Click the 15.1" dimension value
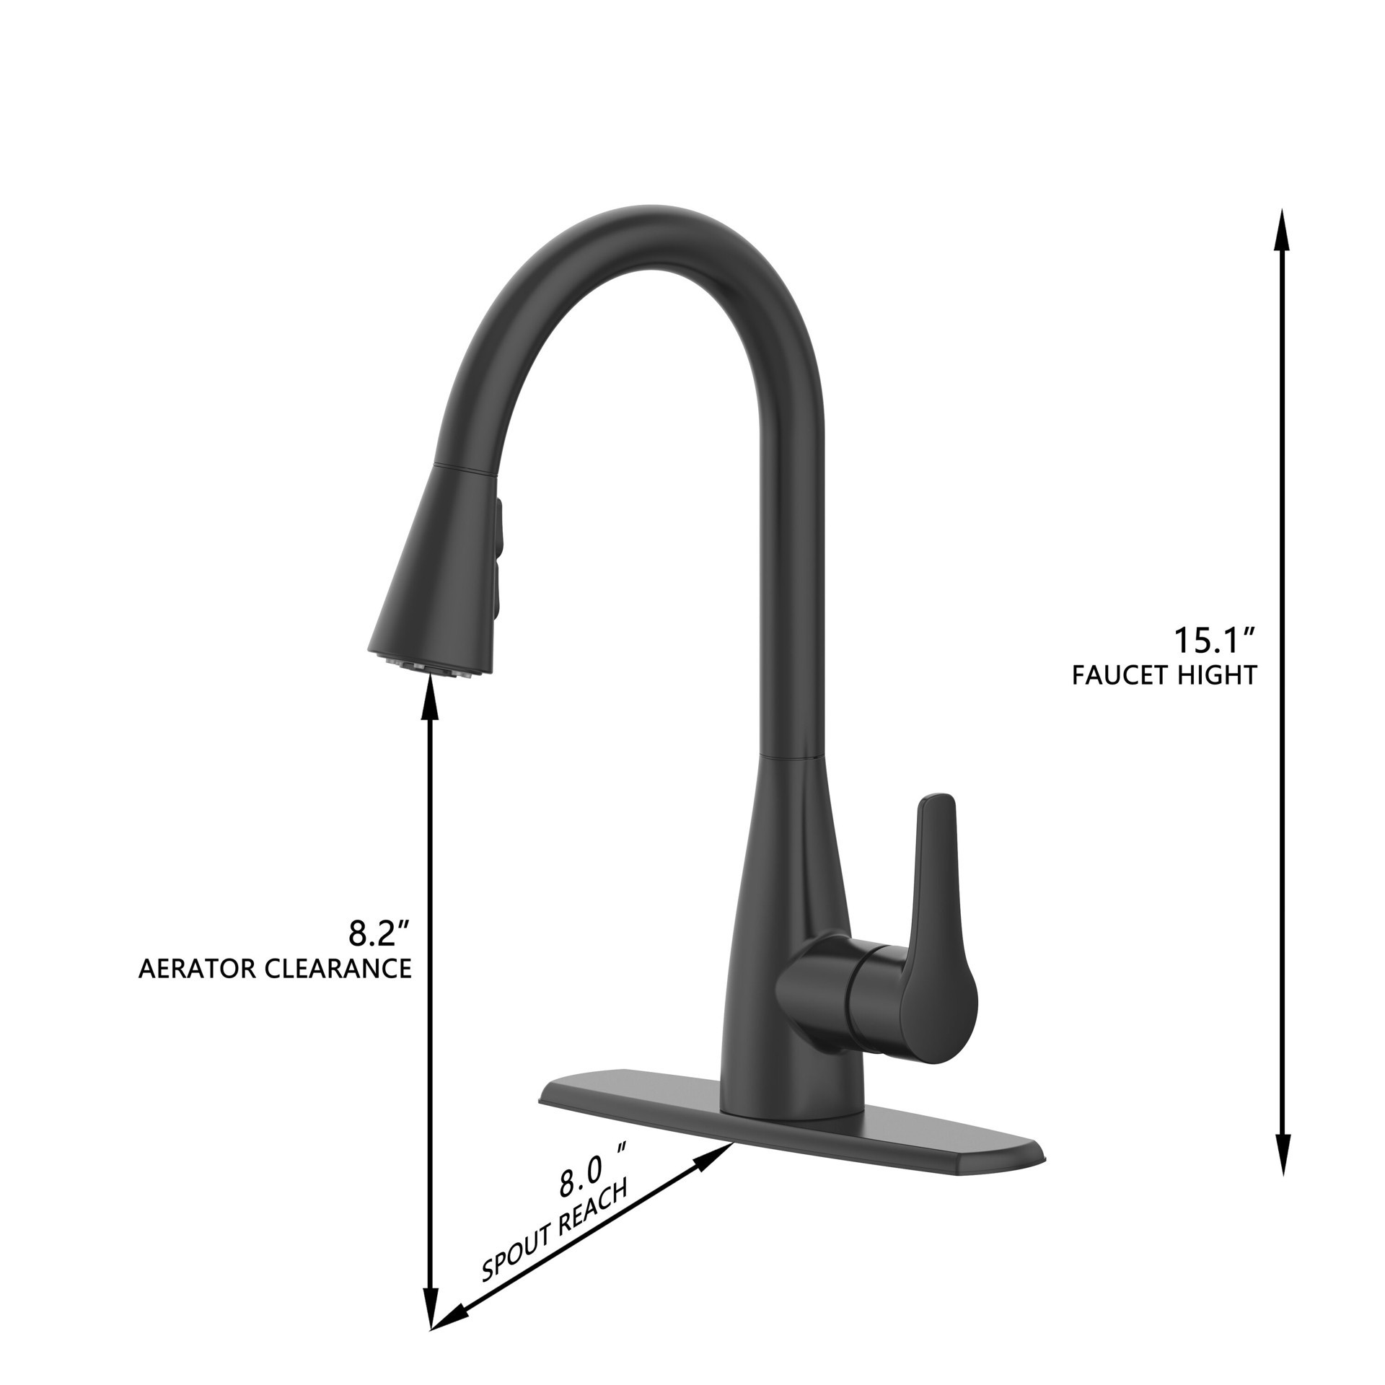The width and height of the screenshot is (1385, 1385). (x=1215, y=640)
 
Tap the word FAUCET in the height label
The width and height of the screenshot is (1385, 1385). (x=1115, y=675)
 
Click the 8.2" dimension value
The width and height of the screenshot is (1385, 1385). (x=379, y=933)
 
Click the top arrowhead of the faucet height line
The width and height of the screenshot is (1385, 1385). (x=1281, y=231)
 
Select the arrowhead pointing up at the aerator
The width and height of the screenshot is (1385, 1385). (x=431, y=700)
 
